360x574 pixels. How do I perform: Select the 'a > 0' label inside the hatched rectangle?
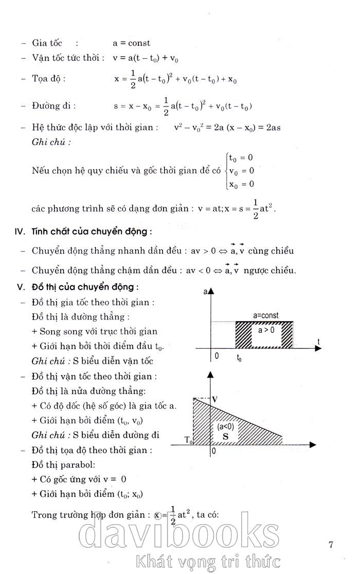coord(266,330)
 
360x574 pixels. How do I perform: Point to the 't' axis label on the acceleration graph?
coord(319,341)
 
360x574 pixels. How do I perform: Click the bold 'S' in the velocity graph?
coord(225,436)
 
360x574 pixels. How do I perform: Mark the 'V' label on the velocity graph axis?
coord(215,399)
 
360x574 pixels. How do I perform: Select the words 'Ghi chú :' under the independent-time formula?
coord(48,142)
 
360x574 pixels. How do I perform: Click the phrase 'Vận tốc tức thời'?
coord(68,58)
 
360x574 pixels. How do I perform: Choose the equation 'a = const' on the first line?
coord(132,44)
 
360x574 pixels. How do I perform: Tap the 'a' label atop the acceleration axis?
coord(206,292)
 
